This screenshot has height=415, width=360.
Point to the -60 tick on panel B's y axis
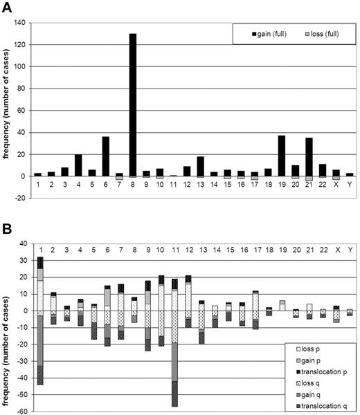20,411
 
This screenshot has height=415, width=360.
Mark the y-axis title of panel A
7,111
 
